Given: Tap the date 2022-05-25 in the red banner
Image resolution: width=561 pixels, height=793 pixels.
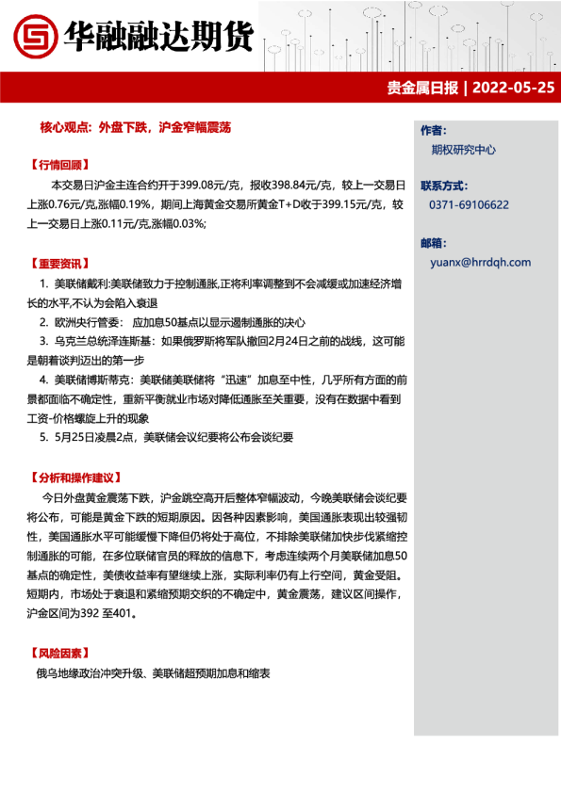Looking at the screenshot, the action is point(513,89).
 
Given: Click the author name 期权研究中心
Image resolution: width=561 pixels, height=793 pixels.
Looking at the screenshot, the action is point(463,150).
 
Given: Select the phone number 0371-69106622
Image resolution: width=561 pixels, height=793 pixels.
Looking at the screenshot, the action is point(469,204).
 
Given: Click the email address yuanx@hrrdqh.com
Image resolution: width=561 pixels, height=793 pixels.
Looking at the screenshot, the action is point(479,263).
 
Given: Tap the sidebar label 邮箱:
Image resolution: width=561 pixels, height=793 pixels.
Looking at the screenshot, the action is point(434,242).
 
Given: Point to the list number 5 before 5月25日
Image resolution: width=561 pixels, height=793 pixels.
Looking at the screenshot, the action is point(44,437).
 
